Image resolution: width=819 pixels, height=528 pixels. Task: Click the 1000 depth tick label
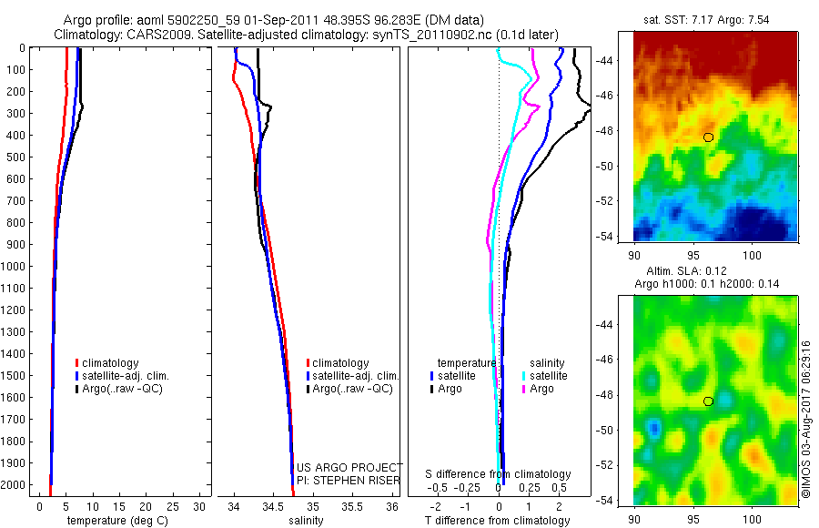pyautogui.click(x=15, y=267)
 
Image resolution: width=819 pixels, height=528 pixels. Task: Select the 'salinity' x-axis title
pyautogui.click(x=306, y=521)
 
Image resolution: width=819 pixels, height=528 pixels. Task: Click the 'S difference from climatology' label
pyautogui.click(x=499, y=474)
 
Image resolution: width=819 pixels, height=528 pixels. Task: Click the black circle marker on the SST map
pyautogui.click(x=708, y=137)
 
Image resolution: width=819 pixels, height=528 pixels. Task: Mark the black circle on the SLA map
pyautogui.click(x=708, y=401)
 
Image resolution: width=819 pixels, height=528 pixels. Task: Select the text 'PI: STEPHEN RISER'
pyautogui.click(x=349, y=480)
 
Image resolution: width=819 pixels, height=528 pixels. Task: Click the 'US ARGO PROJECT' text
pyautogui.click(x=349, y=467)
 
